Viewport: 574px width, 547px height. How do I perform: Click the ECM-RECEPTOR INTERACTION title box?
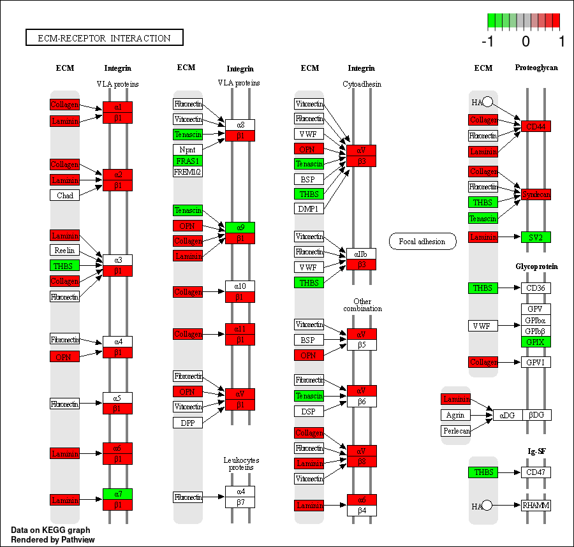pos(105,38)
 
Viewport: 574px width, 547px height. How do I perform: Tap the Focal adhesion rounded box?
pos(422,242)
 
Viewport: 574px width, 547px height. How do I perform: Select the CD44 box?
pos(536,126)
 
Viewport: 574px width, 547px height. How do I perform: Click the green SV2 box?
pos(536,237)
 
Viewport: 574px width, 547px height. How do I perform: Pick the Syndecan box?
pos(536,194)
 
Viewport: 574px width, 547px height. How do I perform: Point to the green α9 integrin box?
pos(240,227)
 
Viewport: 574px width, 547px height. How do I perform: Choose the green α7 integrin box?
pos(118,494)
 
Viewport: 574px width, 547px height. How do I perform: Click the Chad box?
pos(65,195)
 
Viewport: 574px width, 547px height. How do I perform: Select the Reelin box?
pos(65,251)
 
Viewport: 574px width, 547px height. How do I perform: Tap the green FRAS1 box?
pos(188,161)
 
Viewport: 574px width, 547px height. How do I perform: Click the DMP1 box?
pos(309,208)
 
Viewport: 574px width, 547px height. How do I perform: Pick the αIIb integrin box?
pos(361,254)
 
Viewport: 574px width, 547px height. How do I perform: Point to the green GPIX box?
pos(536,342)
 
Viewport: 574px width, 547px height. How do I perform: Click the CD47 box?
pos(536,472)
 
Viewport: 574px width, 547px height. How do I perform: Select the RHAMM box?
pos(536,506)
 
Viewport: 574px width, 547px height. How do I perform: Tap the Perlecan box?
pos(456,431)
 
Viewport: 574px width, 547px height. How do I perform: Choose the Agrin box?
pos(456,415)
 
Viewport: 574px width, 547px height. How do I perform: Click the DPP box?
pos(188,423)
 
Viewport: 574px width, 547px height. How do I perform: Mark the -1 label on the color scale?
pos(489,42)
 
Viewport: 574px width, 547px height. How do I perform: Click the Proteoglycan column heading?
pos(536,68)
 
